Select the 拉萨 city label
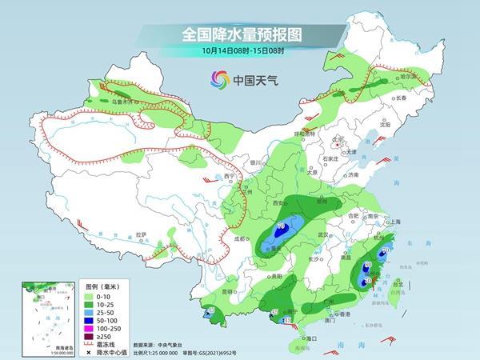[x=142, y=234]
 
